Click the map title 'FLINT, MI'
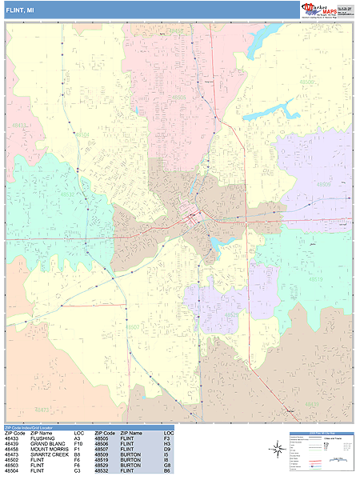(x=20, y=9)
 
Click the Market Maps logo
(x=327, y=9)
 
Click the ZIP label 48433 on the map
(x=19, y=126)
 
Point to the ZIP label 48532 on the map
(x=67, y=194)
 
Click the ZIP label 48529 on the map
(x=230, y=314)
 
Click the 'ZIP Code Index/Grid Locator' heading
(x=31, y=429)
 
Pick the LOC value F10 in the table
(x=78, y=444)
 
